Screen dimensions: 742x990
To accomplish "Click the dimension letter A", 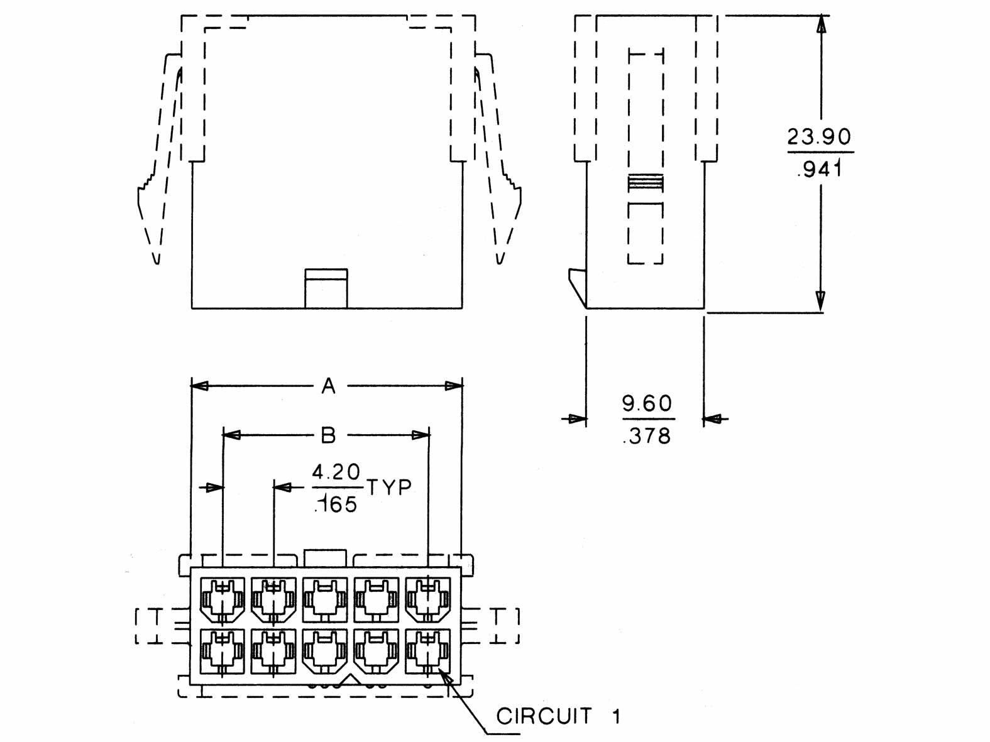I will pos(328,386).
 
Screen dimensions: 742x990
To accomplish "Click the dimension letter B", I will pos(328,435).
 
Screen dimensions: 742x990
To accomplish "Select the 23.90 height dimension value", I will pos(819,136).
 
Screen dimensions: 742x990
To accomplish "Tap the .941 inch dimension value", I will pos(819,168).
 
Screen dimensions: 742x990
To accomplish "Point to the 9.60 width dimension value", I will pos(647,403).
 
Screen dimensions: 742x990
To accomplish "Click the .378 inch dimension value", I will pos(647,435).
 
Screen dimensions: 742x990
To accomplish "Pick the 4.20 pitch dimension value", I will pos(336,472).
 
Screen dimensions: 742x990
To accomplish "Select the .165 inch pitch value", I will pos(336,504).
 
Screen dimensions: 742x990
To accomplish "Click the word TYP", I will pos(389,488).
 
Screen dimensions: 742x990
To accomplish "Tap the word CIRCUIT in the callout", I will pos(544,716).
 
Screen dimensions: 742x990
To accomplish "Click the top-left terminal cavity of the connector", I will pos(223,599).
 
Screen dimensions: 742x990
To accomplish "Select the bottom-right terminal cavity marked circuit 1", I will pos(428,651).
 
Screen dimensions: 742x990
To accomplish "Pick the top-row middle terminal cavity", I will pos(325,599).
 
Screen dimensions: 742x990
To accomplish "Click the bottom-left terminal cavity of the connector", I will pos(223,651).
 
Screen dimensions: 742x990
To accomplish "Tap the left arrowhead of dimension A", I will pos(199,386).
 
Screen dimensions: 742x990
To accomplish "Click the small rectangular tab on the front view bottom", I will pos(326,288).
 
